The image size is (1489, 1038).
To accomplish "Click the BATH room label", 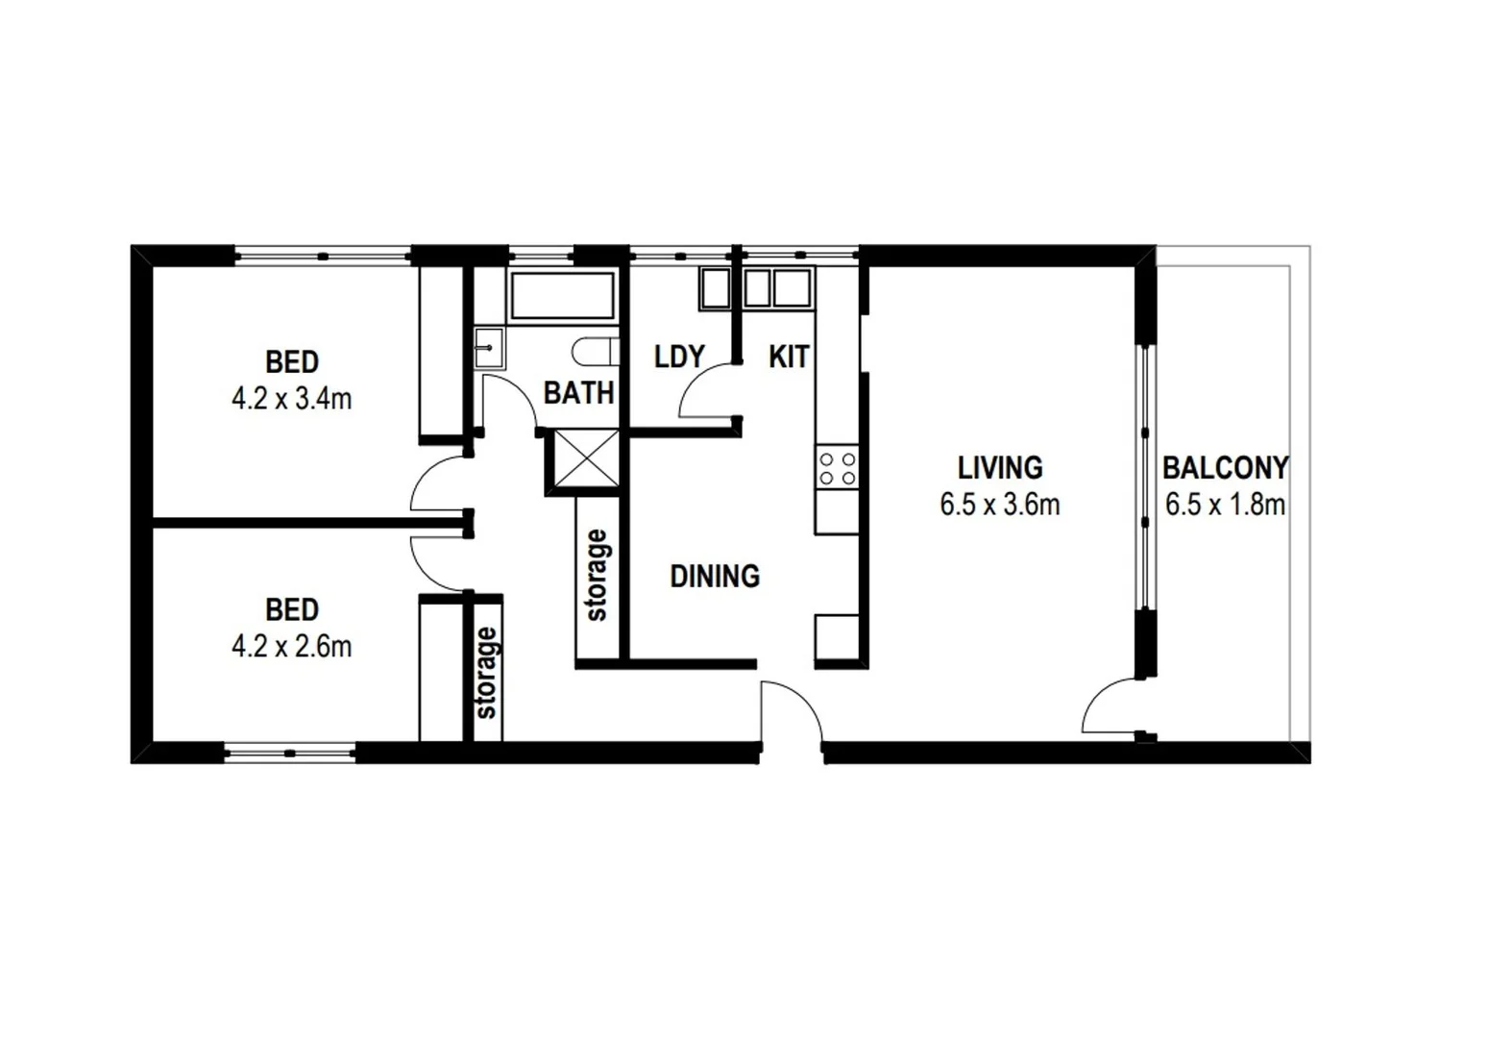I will coord(578,392).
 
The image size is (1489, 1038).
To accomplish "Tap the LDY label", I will coord(679,357).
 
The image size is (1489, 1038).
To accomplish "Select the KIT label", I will coord(789,357).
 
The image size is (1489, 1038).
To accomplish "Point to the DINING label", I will coord(714,576).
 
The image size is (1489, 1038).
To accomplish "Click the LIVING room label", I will coord(1000,468).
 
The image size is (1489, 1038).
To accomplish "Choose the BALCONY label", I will coord(1225,468).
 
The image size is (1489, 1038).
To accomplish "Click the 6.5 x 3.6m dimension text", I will coord(1000,505).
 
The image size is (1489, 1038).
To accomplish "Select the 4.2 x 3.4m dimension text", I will coord(291,399).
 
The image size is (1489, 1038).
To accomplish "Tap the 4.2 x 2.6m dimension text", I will coord(291,647).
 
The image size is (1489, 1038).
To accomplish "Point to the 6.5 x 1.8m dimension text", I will coord(1225,505).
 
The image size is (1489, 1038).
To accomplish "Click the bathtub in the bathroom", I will coord(562,295).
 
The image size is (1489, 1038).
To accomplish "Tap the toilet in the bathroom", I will coord(595,352).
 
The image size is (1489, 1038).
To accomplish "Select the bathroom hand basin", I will coord(489,348).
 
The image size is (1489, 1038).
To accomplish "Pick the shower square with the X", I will coord(586,459).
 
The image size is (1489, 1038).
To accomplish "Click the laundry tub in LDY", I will coord(716,288).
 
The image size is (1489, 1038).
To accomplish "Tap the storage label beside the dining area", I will coord(597,576).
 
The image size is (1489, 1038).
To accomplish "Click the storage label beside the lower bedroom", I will coord(487,673).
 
